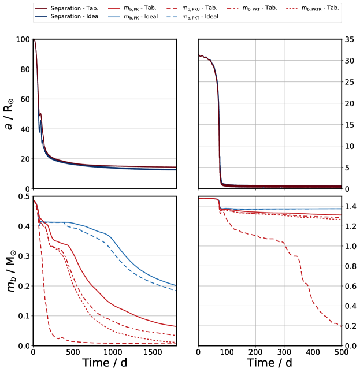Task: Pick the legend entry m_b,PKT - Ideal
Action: click(227, 17)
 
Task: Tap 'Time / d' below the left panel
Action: click(104, 363)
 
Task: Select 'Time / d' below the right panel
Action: click(270, 363)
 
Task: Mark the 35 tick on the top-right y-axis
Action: click(350, 39)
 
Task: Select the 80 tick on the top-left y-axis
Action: click(23, 69)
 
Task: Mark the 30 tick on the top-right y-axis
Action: click(350, 61)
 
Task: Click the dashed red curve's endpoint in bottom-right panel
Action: click(341, 326)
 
